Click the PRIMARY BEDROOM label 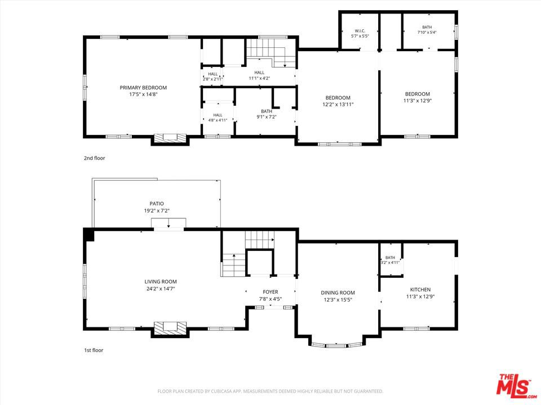point(143,88)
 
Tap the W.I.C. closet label point(360,31)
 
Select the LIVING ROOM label point(161,282)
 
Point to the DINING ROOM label point(338,292)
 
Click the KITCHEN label point(420,290)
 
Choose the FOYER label point(270,292)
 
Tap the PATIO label point(157,204)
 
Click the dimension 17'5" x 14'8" point(143,94)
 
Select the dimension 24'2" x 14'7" point(161,289)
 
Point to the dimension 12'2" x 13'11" point(338,105)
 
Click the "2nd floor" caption point(95,158)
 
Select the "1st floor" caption point(94,350)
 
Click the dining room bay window point(337,345)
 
